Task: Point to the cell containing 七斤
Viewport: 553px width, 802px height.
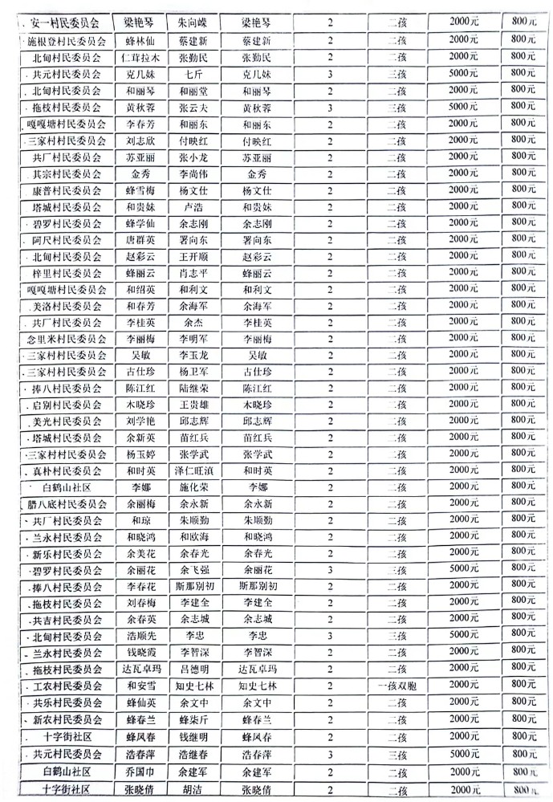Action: coord(193,73)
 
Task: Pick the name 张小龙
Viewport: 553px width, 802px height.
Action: coord(193,157)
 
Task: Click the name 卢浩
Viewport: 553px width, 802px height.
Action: coord(193,206)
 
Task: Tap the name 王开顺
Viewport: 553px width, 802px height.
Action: coord(193,256)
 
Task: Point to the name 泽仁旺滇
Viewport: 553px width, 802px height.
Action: coord(193,470)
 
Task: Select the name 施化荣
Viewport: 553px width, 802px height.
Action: coord(193,486)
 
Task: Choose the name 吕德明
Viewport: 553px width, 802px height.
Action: coord(193,669)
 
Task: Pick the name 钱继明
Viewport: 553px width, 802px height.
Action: coord(193,735)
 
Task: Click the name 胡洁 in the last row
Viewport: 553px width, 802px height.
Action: coord(193,788)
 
